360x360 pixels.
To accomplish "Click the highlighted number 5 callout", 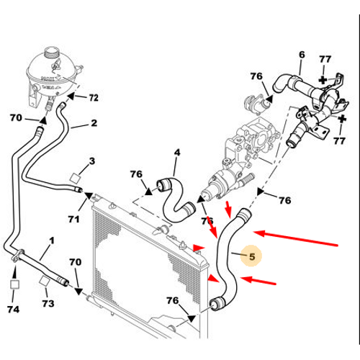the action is tap(252, 256).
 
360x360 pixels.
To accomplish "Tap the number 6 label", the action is tap(302, 55).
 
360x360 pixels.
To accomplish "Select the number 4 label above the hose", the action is tap(177, 153).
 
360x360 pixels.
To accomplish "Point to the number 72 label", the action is tap(94, 98).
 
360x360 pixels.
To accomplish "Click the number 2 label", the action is tap(94, 123).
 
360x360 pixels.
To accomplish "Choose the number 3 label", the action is tap(92, 161).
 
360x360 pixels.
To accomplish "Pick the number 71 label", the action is tap(73, 219).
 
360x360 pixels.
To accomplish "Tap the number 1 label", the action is tap(52, 240).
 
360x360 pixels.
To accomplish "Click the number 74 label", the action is tap(13, 309).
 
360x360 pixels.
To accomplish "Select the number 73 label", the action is tap(48, 303).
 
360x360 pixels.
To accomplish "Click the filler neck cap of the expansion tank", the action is tap(51, 52).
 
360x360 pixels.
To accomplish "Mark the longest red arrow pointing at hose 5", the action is tap(295, 238).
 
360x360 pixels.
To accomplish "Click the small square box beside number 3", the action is tap(75, 179).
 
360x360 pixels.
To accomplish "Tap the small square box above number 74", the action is tap(14, 284).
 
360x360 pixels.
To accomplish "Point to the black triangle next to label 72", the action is tap(70, 96).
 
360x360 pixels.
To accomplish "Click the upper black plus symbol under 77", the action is tap(323, 80).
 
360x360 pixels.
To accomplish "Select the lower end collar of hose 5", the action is tap(216, 303).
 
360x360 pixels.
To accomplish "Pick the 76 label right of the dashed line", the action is tap(285, 200).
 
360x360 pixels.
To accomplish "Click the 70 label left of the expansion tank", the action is tap(16, 117).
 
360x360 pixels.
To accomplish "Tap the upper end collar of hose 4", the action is tap(163, 184).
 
